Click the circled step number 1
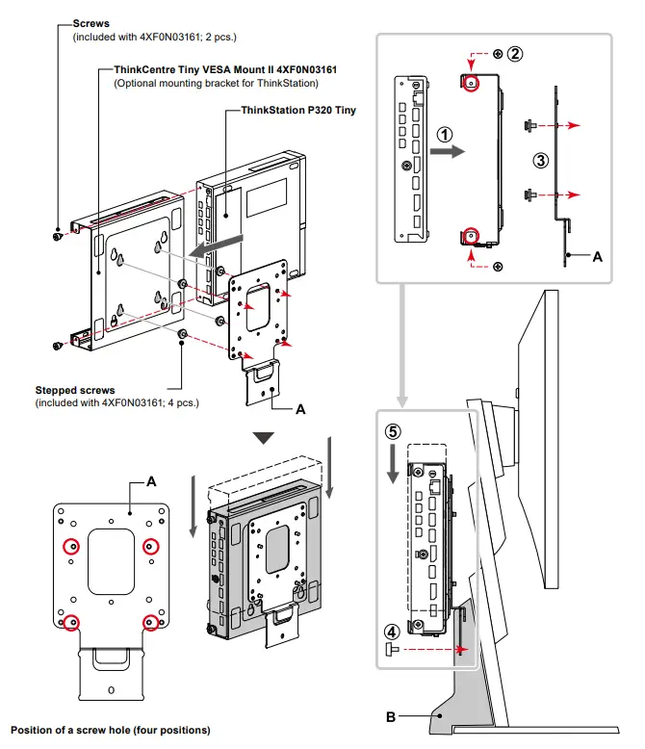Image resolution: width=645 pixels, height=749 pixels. coord(443,135)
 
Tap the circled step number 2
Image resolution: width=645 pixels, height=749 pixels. coord(516,54)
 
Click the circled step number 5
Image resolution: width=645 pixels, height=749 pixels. coord(393,429)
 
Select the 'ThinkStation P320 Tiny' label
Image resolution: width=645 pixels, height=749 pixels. coord(290,111)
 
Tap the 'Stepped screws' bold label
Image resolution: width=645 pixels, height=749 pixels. coord(75,391)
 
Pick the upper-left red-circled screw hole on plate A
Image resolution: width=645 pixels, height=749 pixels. coord(70,547)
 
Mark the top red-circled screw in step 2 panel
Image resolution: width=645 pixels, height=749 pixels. coord(471,84)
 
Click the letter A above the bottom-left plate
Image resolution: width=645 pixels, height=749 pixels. coord(151,482)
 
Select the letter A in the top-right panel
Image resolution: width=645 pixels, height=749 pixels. coord(597,257)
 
